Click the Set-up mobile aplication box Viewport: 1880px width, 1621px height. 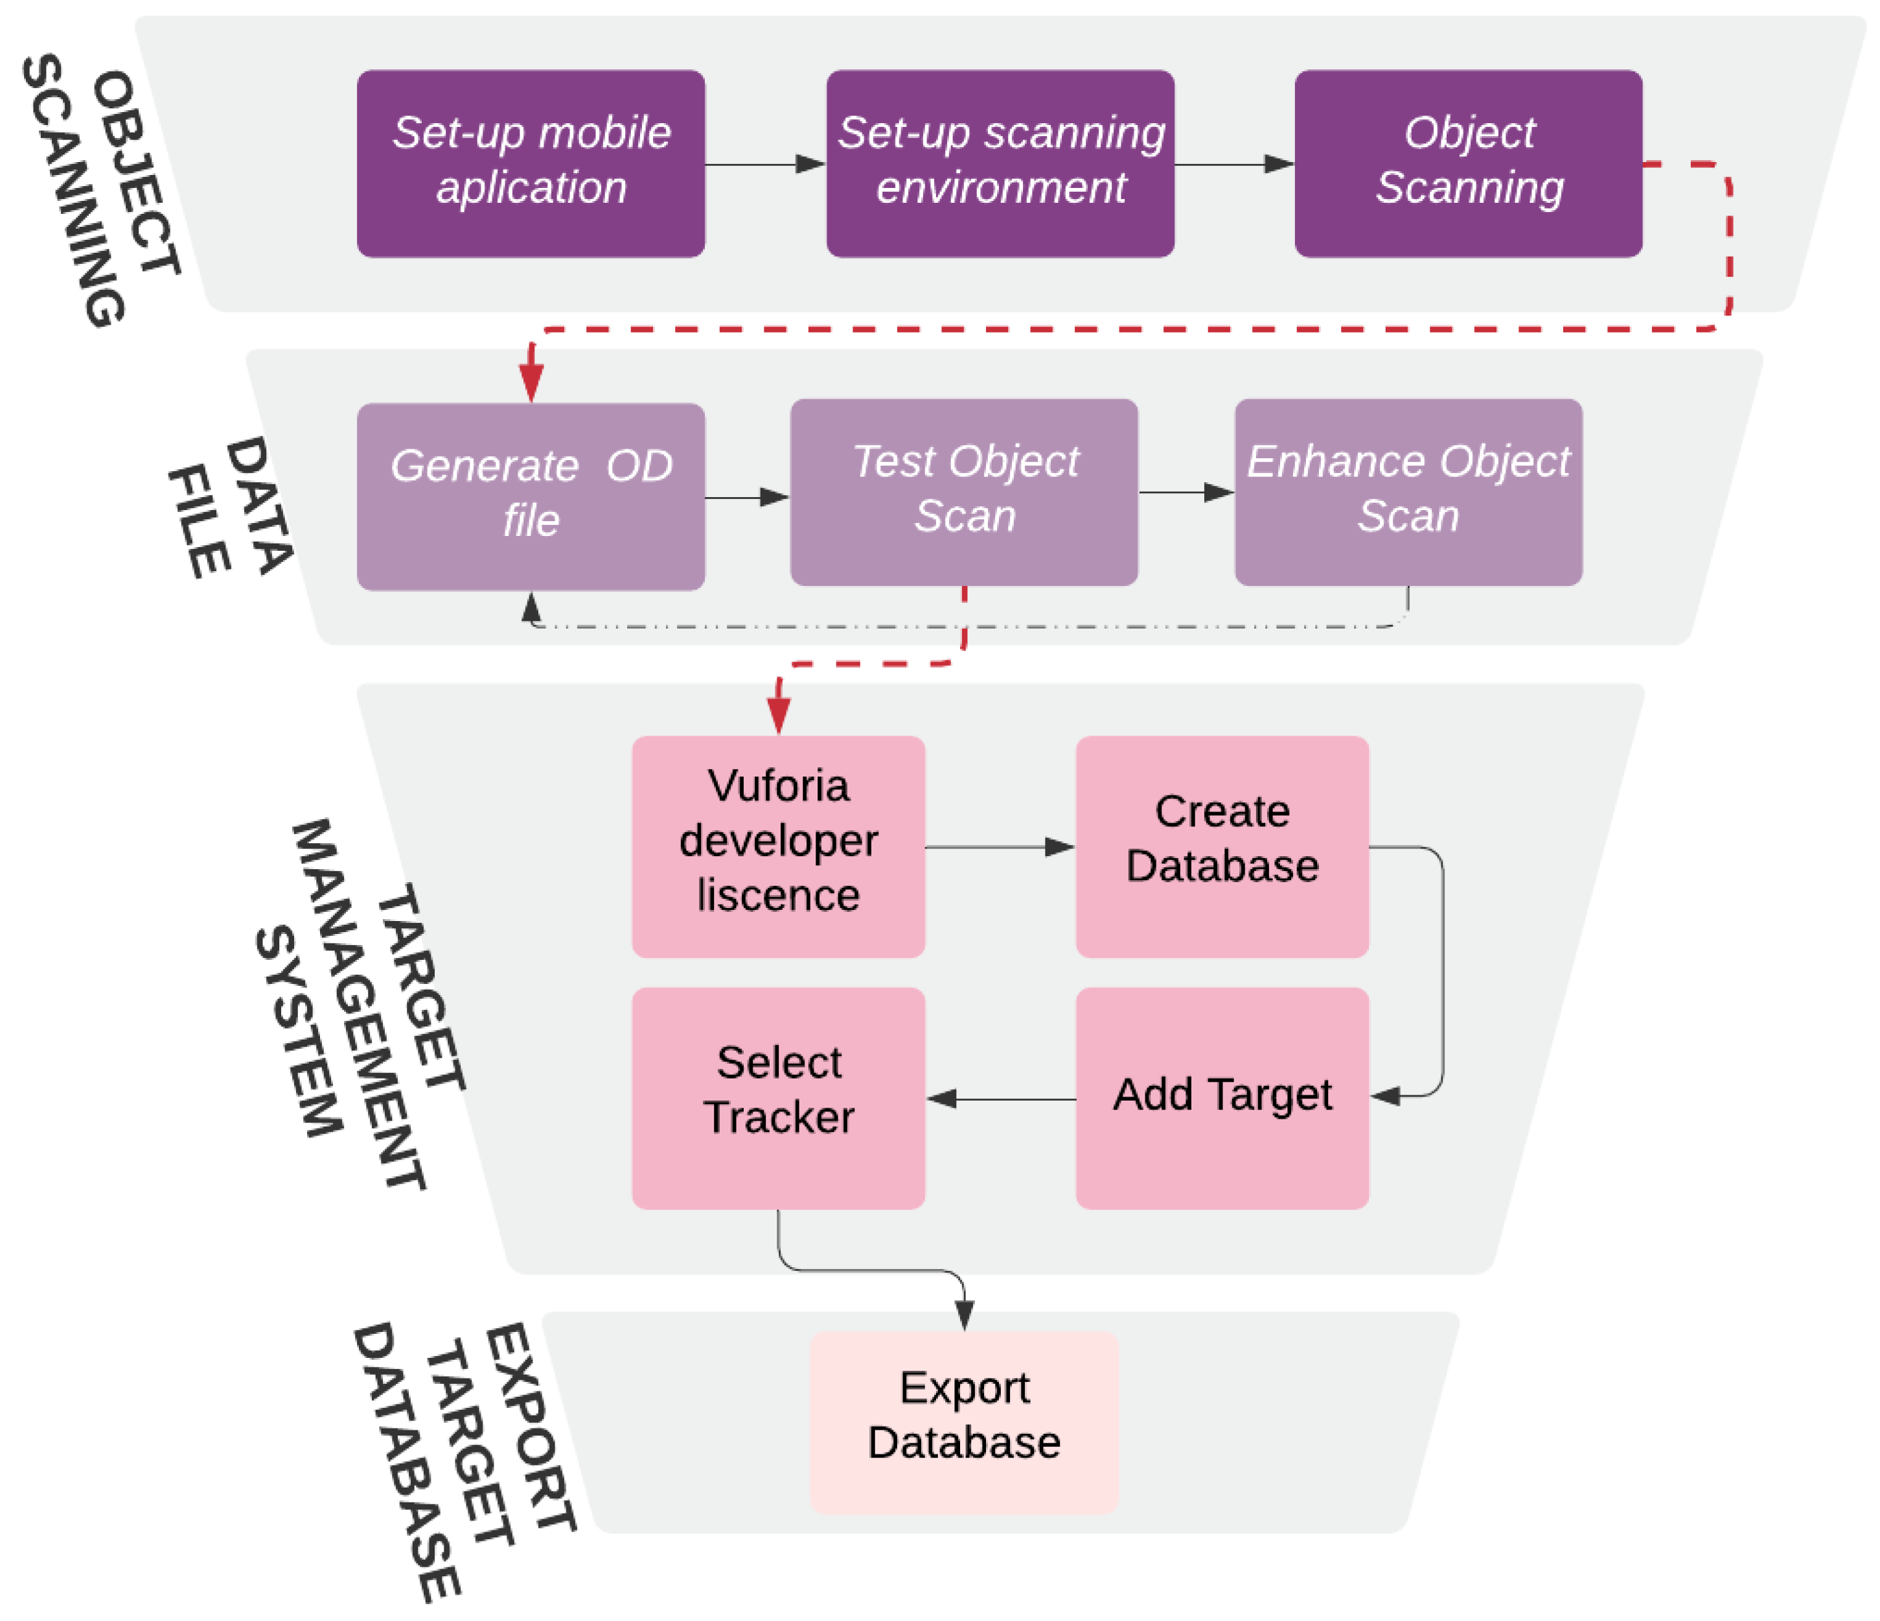(x=531, y=163)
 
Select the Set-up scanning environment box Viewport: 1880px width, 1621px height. (x=1000, y=163)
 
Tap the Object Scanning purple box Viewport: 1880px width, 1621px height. (x=1468, y=163)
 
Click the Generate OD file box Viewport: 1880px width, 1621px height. (x=531, y=496)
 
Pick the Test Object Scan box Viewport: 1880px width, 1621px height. (x=963, y=492)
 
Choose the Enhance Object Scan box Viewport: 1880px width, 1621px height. (x=1408, y=492)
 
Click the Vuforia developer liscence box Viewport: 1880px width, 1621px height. (x=779, y=846)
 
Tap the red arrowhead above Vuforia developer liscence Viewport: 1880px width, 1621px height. (x=779, y=715)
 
